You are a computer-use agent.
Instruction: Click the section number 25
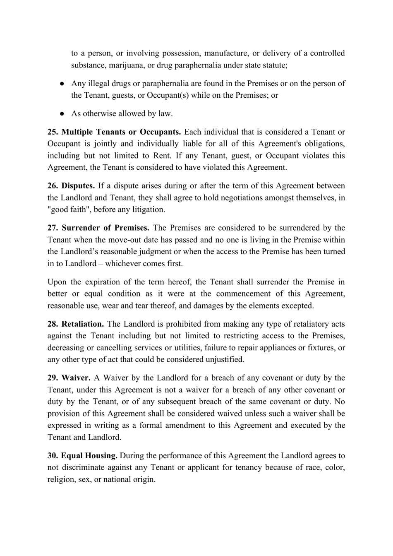[53, 132]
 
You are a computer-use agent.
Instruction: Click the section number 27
[53, 228]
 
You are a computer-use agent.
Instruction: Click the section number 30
[53, 456]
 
